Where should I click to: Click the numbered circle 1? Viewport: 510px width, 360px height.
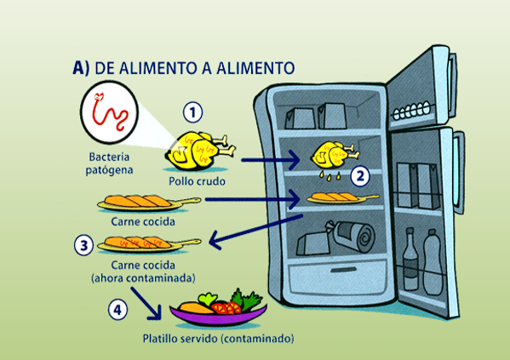(x=192, y=112)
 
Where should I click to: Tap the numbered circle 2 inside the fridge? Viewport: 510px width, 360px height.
(x=360, y=176)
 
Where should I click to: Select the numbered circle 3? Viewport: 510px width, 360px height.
(x=83, y=245)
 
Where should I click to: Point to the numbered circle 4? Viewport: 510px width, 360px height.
(x=117, y=309)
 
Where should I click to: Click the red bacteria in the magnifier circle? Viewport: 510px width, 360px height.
(x=109, y=112)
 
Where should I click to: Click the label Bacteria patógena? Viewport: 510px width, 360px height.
(x=109, y=163)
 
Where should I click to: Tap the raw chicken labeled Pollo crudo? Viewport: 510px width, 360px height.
(x=199, y=151)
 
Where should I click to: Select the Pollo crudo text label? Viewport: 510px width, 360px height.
(x=197, y=181)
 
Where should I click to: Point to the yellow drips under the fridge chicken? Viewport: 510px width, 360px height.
(x=329, y=175)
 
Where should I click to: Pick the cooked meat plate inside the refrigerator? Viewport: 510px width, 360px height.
(x=342, y=197)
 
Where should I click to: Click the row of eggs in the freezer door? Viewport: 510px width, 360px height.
(x=411, y=111)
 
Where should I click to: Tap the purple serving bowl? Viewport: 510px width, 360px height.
(x=218, y=315)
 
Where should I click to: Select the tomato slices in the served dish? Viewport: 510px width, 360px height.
(x=226, y=307)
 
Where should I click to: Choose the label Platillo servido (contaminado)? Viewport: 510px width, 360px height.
(x=219, y=339)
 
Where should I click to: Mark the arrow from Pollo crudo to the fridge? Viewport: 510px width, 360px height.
(x=271, y=160)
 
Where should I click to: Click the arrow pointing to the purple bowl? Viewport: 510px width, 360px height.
(x=146, y=304)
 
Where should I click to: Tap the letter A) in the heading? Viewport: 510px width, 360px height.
(x=81, y=68)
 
